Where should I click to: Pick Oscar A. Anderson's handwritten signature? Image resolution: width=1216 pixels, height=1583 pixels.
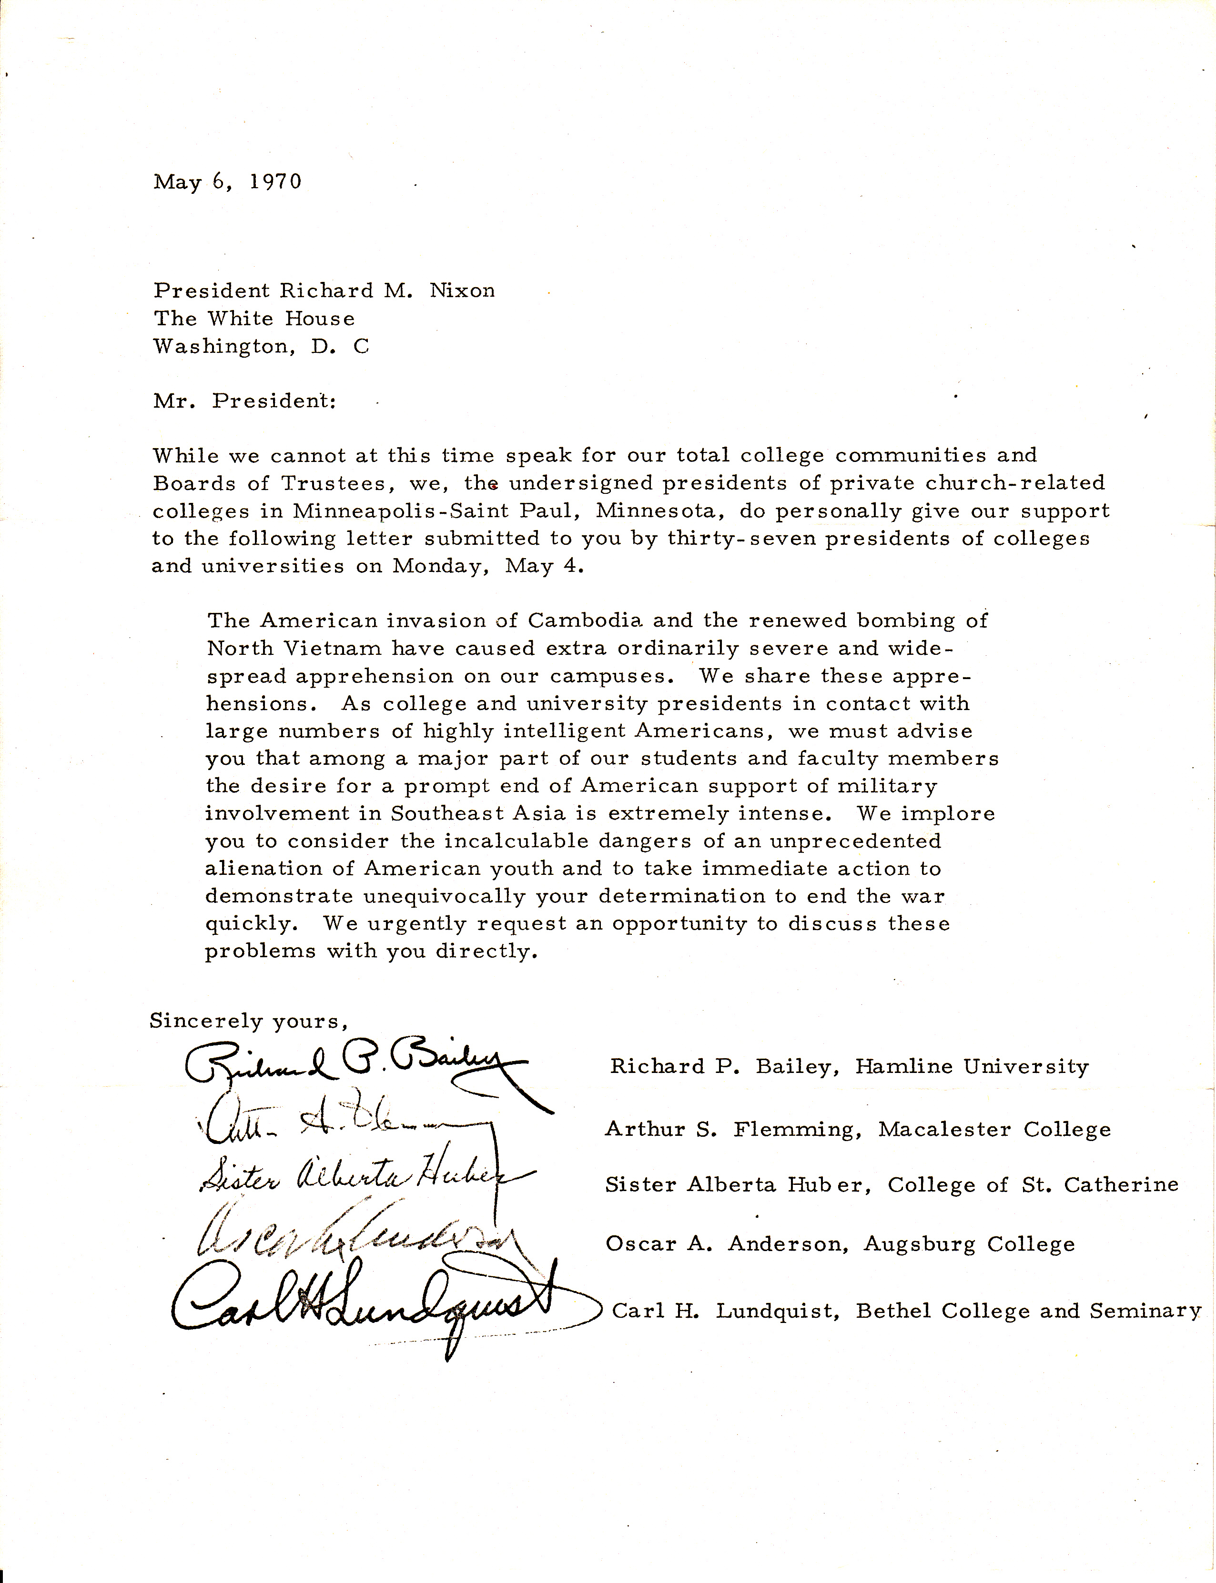355,1242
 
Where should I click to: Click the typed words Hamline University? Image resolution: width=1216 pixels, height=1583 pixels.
972,1066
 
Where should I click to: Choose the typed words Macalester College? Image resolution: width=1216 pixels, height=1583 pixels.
994,1129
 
